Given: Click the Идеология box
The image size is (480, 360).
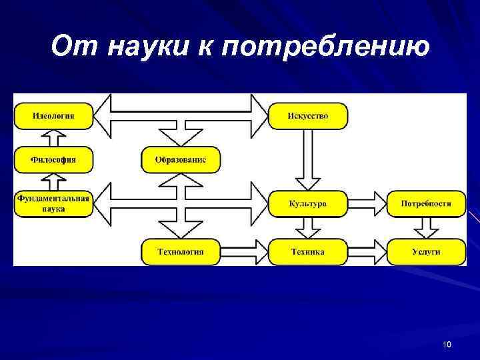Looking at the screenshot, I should pos(54,116).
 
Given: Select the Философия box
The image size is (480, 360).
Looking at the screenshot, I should pos(54,160).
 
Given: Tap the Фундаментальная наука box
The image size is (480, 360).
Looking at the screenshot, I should pos(53,203).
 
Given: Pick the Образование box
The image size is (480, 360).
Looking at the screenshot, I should pos(180,160).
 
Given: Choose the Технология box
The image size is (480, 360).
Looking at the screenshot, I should pos(180,251).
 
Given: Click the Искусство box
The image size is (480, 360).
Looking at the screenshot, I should pos(307,116).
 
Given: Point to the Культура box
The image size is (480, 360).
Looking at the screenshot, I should pos(307,203).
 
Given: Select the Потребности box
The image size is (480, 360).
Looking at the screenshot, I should pos(426,203).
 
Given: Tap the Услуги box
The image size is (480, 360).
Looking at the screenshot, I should pos(426,251).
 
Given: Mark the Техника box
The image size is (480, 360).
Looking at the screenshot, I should pos(307,251).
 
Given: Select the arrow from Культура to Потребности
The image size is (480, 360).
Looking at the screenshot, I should pos(367,203).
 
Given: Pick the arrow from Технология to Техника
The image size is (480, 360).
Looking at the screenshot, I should pos(244,251).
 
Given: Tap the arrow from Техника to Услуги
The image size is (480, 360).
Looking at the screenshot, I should pos(367,251).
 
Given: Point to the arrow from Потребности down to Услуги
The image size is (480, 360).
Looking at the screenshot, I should pos(426,228).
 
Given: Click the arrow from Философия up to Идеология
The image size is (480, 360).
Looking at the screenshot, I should pos(54,138).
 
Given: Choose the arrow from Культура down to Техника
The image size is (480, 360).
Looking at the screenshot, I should pos(307,228).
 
